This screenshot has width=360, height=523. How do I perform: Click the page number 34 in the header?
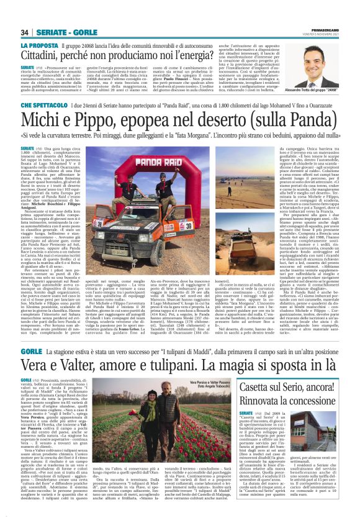click(25, 32)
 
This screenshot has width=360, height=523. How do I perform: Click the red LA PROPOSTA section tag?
click(40, 47)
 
